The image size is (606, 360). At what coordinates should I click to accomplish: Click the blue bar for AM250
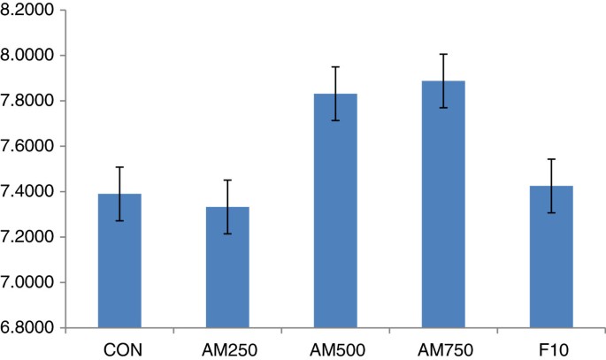pyautogui.click(x=227, y=267)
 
